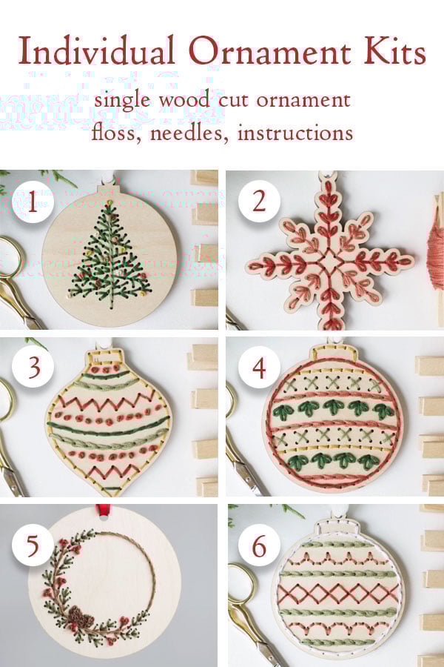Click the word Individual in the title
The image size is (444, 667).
(x=96, y=50)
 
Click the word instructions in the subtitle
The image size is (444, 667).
(x=295, y=133)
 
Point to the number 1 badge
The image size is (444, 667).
(x=33, y=202)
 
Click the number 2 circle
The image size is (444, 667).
(x=259, y=201)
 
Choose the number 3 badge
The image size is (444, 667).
(x=33, y=368)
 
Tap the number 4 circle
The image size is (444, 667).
(x=259, y=368)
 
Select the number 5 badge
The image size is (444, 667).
(x=33, y=545)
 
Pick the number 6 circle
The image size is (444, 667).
(x=259, y=545)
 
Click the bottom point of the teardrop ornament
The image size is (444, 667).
(x=110, y=495)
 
